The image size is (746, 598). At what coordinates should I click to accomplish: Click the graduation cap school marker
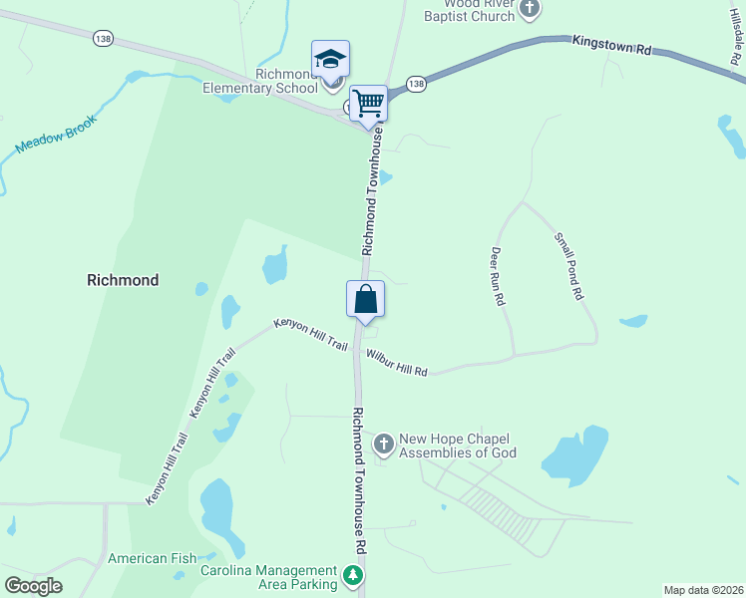pyautogui.click(x=330, y=60)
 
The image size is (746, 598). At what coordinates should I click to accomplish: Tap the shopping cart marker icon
pyautogui.click(x=369, y=103)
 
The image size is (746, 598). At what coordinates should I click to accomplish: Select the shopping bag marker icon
pyautogui.click(x=365, y=299)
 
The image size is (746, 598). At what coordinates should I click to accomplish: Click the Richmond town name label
pyautogui.click(x=122, y=280)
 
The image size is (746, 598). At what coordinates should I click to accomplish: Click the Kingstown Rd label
pyautogui.click(x=610, y=45)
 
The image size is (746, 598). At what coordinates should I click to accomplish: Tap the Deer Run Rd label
pyautogui.click(x=499, y=276)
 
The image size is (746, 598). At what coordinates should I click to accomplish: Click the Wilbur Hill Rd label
pyautogui.click(x=396, y=363)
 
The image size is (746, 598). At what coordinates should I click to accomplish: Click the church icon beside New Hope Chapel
pyautogui.click(x=383, y=444)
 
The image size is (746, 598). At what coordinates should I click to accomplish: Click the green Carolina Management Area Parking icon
pyautogui.click(x=352, y=575)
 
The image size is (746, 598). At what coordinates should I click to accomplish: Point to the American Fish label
pyautogui.click(x=152, y=558)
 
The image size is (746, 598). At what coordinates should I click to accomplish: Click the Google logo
pyautogui.click(x=33, y=586)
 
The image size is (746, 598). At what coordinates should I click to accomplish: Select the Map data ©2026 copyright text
pyautogui.click(x=703, y=590)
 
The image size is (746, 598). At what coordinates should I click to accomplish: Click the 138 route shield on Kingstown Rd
pyautogui.click(x=417, y=84)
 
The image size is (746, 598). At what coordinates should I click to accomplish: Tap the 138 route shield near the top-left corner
pyautogui.click(x=102, y=38)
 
